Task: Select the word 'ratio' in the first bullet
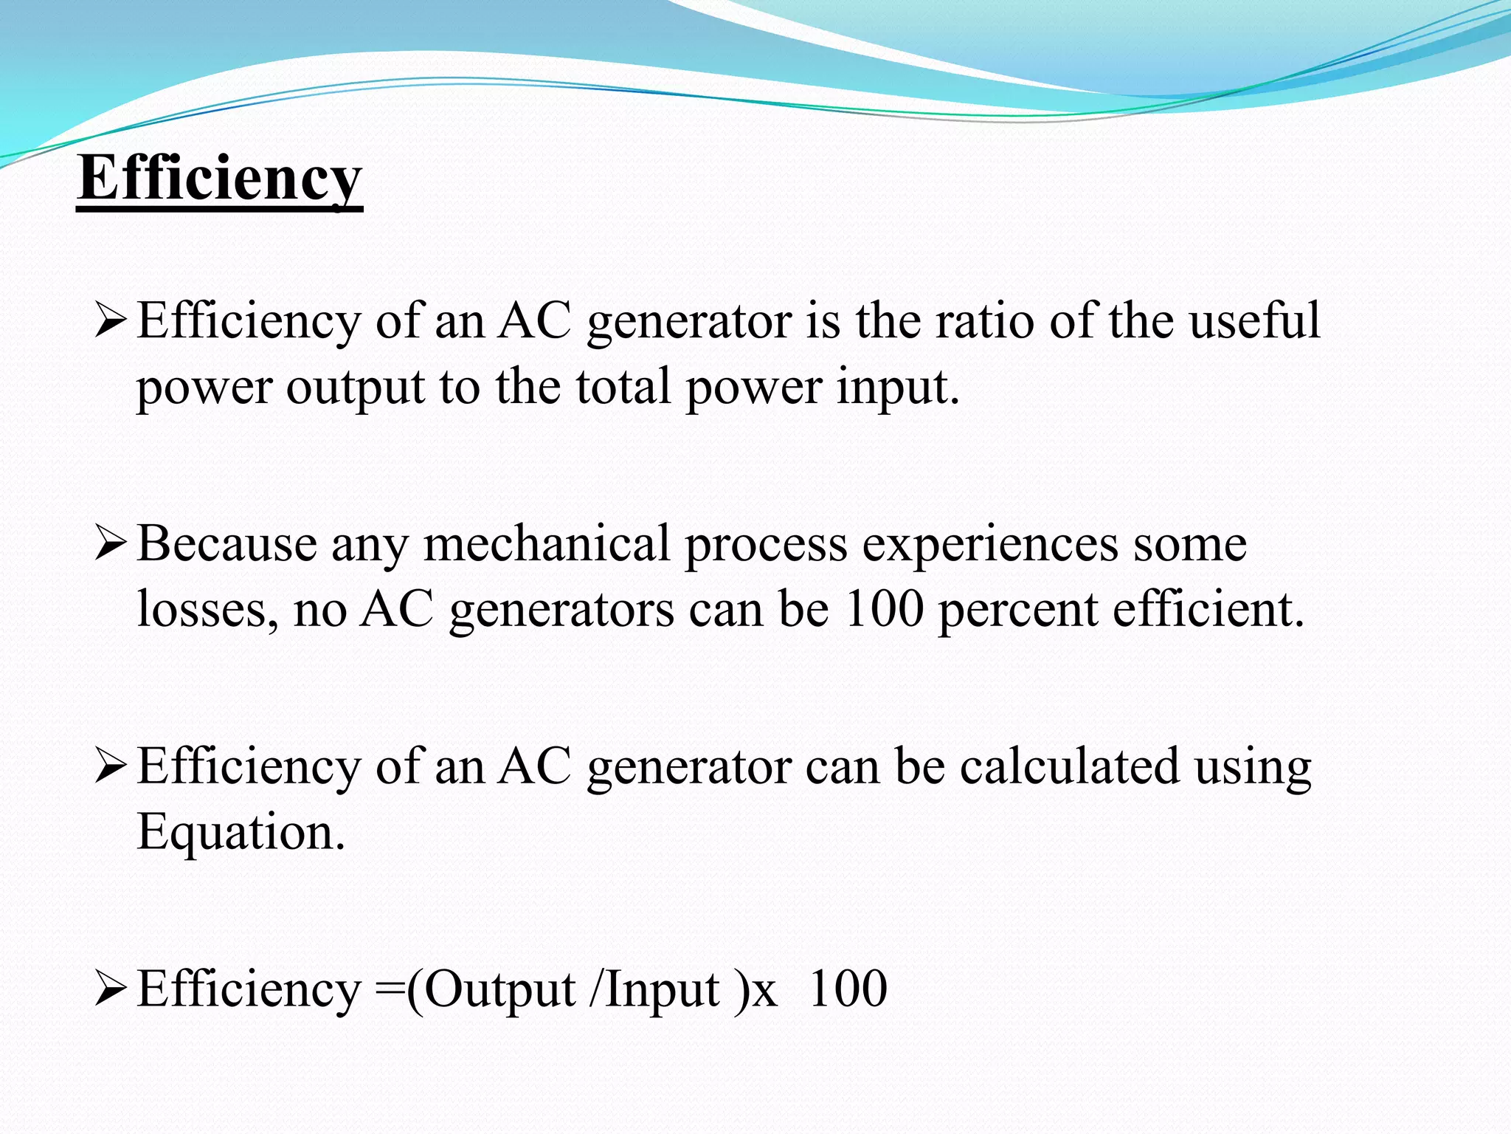coord(984,321)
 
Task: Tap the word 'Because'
coord(227,545)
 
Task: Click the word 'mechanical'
coord(547,545)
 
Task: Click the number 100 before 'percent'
coord(884,610)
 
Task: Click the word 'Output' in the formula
coord(500,991)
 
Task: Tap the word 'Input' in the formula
coord(663,991)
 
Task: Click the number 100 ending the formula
coord(848,989)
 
